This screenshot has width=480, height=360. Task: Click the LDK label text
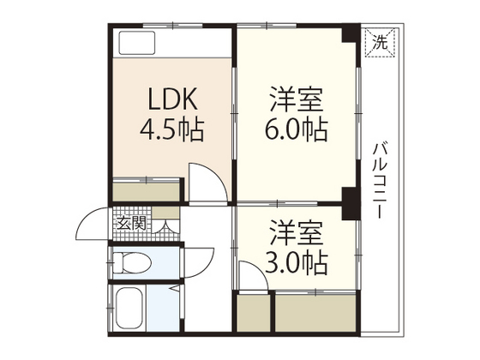point(172,99)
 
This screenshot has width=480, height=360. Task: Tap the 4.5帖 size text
point(171,129)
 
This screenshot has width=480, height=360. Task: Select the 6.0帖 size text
point(297,129)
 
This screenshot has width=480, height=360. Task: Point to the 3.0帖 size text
point(297,263)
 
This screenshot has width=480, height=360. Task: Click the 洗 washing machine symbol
point(380,42)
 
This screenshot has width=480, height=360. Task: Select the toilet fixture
point(132,262)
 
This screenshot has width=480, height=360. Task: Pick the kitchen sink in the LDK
point(137,43)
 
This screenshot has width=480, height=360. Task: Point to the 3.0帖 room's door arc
point(257,273)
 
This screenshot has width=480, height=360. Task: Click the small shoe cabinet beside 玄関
point(165,213)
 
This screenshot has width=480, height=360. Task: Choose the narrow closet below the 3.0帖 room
point(254,313)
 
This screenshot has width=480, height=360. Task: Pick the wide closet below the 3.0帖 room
point(315,313)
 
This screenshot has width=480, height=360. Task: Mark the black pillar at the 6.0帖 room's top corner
point(351,33)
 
